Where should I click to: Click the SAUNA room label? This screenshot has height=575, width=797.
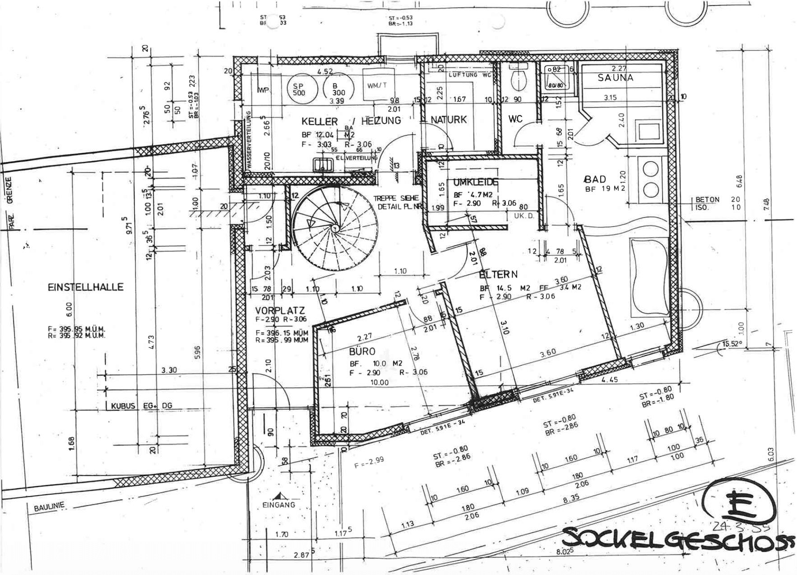click(x=616, y=78)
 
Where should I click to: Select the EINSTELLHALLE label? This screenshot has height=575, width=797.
click(x=85, y=287)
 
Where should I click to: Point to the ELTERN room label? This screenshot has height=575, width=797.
click(x=498, y=274)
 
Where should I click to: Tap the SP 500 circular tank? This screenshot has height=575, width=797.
click(x=299, y=89)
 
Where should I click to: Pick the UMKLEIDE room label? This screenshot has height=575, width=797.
click(x=476, y=182)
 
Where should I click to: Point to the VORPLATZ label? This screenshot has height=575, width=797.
click(x=280, y=311)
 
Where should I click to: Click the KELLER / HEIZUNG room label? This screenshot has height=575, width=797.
click(x=351, y=121)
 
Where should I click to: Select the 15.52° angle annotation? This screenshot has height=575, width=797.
click(x=732, y=344)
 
